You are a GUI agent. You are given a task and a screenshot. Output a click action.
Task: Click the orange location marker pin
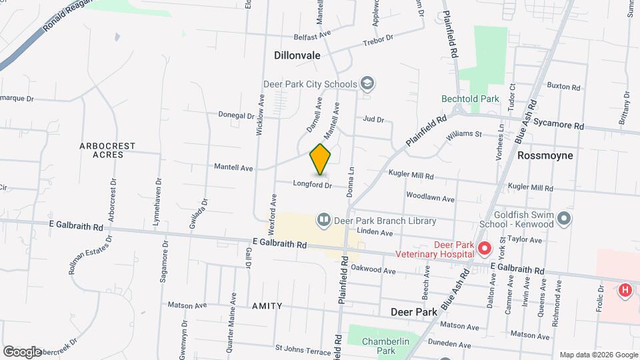[320, 159]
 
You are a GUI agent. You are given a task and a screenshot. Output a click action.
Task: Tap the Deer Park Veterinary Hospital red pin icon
[485, 249]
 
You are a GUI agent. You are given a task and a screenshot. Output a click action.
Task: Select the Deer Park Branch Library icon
[324, 219]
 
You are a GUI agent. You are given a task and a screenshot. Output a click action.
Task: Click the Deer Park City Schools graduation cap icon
[366, 83]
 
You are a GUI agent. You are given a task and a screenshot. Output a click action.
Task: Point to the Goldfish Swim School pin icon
[564, 218]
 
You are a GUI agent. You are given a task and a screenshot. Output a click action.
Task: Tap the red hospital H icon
[625, 290]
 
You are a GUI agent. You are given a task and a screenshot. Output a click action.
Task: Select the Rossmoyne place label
[545, 155]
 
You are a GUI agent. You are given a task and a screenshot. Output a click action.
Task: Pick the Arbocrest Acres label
[107, 150]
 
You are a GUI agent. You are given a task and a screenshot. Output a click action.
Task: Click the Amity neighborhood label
[267, 306]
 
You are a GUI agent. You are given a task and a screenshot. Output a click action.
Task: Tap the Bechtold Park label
[470, 99]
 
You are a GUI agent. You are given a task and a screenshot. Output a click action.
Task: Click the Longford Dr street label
[312, 185]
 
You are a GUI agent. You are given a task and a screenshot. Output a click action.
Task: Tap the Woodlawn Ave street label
[430, 199]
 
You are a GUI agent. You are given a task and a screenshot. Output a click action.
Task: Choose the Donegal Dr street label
[237, 115]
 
